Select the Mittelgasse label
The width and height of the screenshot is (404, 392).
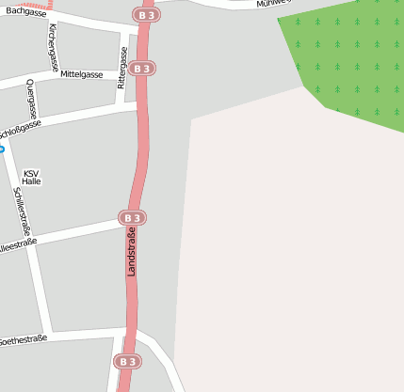tap(81, 73)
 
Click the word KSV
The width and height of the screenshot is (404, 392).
tap(32, 173)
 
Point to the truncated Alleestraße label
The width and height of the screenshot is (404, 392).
tap(18, 243)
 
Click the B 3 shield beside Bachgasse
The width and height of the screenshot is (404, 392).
tap(146, 16)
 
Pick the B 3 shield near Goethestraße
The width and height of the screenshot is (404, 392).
tap(128, 362)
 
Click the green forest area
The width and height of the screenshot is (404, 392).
tap(348, 56)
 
